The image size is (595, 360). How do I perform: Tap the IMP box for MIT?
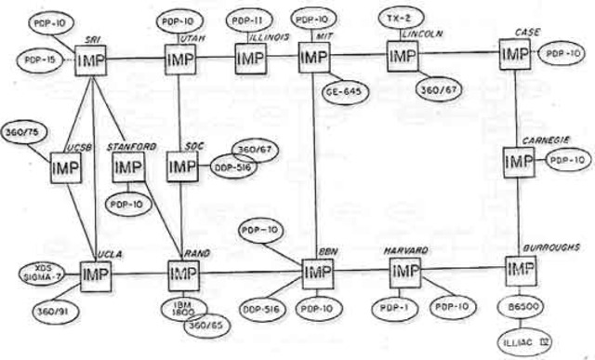coord(314,60)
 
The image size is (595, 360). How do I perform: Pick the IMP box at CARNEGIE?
coord(519,162)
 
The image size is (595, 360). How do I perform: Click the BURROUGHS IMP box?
coord(519,270)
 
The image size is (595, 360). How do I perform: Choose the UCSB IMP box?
coord(66,169)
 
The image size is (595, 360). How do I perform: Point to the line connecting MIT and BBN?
coord(315,167)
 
